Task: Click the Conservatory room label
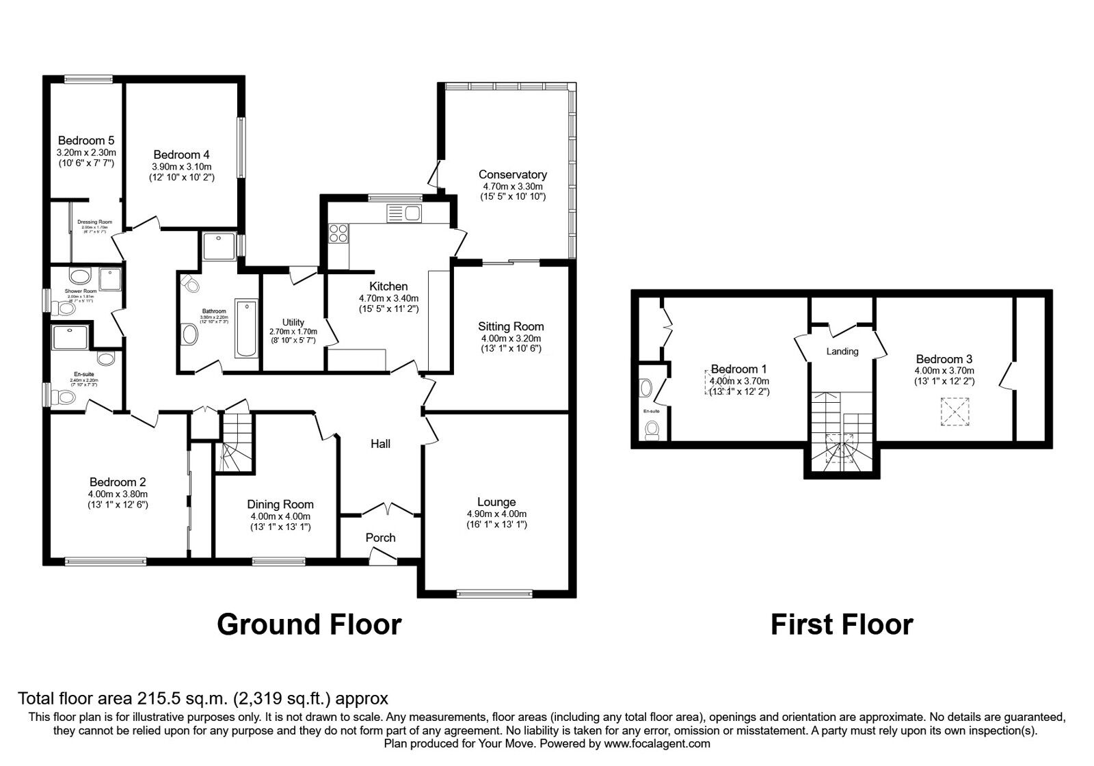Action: click(512, 174)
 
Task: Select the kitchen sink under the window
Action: click(403, 213)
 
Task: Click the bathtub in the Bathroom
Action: click(246, 328)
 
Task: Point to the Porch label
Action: click(380, 538)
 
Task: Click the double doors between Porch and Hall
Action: click(387, 510)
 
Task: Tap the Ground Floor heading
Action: click(309, 624)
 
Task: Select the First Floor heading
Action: click(841, 624)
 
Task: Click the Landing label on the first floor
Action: click(842, 352)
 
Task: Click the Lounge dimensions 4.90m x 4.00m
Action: click(496, 514)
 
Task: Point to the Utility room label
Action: click(293, 322)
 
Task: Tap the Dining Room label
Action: click(280, 505)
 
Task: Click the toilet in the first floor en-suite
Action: click(652, 429)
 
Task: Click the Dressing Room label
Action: click(94, 222)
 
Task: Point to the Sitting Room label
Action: click(511, 326)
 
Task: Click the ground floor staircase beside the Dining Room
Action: click(236, 443)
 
